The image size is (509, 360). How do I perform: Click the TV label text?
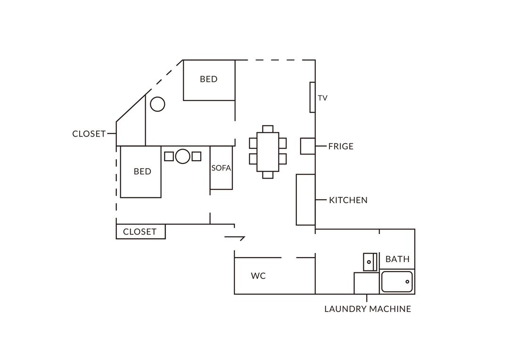pyautogui.click(x=323, y=98)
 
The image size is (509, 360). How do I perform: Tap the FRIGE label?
pyautogui.click(x=341, y=147)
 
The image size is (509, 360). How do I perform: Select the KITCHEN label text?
pyautogui.click(x=348, y=200)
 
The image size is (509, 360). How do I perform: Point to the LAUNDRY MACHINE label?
pyautogui.click(x=368, y=309)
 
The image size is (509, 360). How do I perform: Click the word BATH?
pyautogui.click(x=397, y=259)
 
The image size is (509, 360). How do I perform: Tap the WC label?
pyautogui.click(x=258, y=276)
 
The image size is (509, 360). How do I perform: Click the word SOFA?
pyautogui.click(x=221, y=168)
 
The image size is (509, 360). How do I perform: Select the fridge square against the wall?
pyautogui.click(x=308, y=146)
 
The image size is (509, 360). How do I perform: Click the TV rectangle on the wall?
pyautogui.click(x=312, y=98)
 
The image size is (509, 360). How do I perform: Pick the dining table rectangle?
pyautogui.click(x=268, y=152)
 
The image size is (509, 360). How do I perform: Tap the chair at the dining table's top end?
pyautogui.click(x=268, y=129)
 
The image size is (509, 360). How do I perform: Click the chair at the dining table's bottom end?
pyautogui.click(x=268, y=175)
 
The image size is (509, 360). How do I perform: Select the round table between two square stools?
pyautogui.click(x=182, y=156)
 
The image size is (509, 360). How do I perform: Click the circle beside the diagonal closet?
pyautogui.click(x=157, y=104)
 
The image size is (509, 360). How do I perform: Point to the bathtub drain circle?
pyautogui.click(x=407, y=282)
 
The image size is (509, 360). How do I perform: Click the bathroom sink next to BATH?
pyautogui.click(x=370, y=262)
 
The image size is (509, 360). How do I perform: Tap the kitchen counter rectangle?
pyautogui.click(x=306, y=200)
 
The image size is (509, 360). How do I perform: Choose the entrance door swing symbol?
pyautogui.click(x=234, y=238)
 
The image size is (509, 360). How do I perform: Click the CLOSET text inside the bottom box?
pyautogui.click(x=140, y=232)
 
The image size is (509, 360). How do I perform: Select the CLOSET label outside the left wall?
pyautogui.click(x=89, y=134)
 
